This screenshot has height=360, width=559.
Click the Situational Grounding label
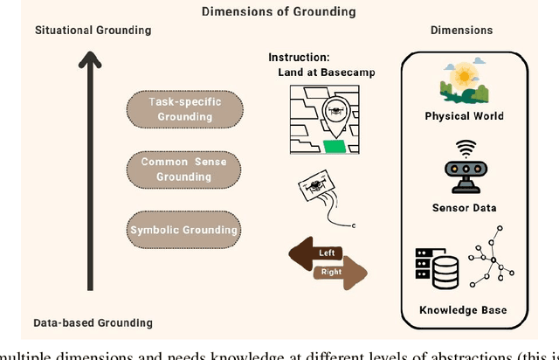93,31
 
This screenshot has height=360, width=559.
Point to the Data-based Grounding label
93,322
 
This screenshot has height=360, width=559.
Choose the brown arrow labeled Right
337,273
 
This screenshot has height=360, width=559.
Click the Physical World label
464,116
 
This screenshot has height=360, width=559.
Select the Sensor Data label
464,208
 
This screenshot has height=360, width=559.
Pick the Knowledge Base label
463,310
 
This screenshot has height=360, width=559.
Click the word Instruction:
299,58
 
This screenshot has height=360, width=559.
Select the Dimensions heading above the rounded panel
462,31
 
